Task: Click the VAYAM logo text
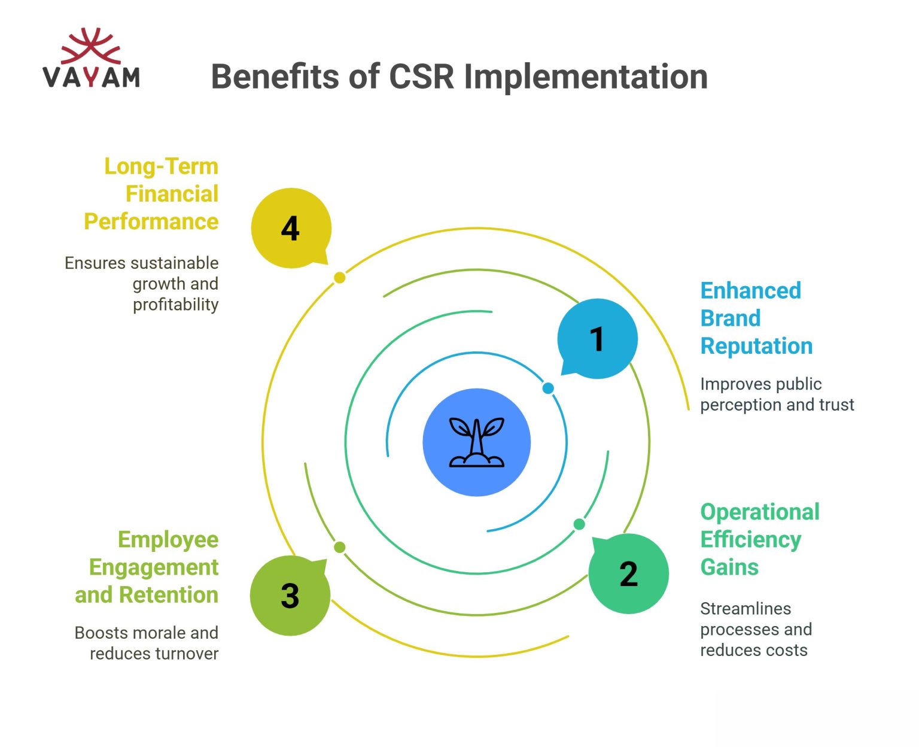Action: [92, 77]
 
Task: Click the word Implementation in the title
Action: [586, 77]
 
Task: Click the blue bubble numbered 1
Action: [597, 339]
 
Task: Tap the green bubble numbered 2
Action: [628, 573]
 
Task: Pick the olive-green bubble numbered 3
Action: [290, 595]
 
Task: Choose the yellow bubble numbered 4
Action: [291, 228]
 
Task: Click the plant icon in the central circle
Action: [477, 442]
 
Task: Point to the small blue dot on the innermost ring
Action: [548, 388]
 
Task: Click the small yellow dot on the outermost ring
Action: [339, 277]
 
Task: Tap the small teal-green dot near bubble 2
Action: [579, 524]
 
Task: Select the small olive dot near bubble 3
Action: [339, 547]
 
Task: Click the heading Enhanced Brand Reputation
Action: [756, 318]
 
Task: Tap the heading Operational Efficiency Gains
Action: [759, 539]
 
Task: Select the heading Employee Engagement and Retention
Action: [147, 567]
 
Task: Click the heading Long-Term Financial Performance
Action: [151, 194]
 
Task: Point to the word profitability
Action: [175, 305]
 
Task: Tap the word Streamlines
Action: [745, 609]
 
